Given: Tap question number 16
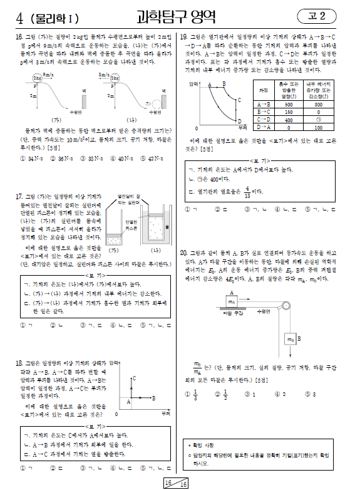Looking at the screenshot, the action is tap(18, 38).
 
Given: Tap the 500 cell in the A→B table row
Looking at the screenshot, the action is tap(289, 104).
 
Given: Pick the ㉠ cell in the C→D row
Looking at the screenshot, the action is tap(319, 119).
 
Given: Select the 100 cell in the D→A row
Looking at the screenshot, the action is tap(319, 127).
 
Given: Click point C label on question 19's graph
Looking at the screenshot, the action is tap(239, 100).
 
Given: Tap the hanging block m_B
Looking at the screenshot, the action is tap(291, 339).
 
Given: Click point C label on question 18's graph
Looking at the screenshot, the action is tap(135, 378).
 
